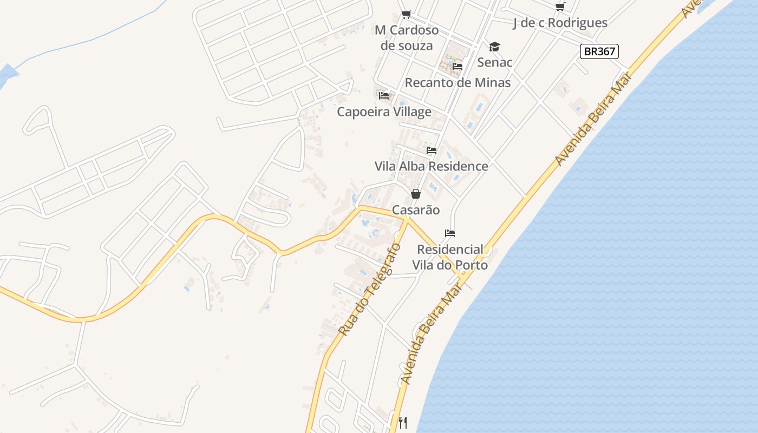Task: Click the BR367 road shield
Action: [599, 51]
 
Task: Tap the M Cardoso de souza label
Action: [407, 37]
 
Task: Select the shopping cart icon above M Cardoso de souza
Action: [406, 15]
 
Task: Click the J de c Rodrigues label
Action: [560, 23]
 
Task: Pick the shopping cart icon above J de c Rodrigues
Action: [560, 7]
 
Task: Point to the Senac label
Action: [494, 62]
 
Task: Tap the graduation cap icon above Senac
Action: [494, 47]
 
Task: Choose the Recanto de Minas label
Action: [458, 83]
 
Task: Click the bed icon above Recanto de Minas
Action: [458, 67]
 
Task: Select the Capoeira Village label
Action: [384, 112]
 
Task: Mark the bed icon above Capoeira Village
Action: [384, 96]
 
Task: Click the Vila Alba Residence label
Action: [431, 166]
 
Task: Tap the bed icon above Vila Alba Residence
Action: [431, 150]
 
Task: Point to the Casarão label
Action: [416, 210]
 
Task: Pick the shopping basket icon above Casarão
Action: [416, 194]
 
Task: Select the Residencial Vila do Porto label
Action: [450, 257]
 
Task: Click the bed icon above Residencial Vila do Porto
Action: [450, 233]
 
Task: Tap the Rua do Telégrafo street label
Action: [369, 289]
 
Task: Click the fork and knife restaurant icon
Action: [403, 422]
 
